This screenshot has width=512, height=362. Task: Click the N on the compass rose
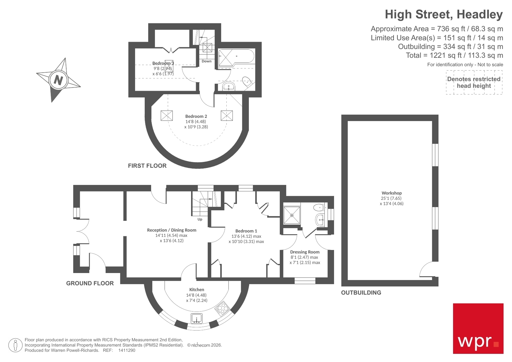58,79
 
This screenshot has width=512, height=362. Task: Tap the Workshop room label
391,193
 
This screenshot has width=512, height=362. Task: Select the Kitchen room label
197,289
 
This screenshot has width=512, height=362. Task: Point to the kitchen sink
197,318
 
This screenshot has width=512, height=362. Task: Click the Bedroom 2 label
196,116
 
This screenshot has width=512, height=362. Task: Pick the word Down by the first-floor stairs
207,61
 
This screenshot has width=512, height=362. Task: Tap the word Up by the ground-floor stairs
200,219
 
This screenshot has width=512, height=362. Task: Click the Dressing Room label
305,252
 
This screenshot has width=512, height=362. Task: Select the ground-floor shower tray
292,215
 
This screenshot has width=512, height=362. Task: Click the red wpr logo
478,328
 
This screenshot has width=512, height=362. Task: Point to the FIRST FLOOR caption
147,166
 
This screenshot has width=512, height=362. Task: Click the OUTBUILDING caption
361,293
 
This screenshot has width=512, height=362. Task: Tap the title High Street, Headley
443,14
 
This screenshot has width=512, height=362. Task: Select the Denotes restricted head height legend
474,83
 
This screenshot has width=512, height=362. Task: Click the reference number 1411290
127,350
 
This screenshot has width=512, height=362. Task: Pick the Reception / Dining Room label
172,230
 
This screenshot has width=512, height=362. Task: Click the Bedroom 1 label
246,231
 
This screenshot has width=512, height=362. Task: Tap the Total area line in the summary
454,55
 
